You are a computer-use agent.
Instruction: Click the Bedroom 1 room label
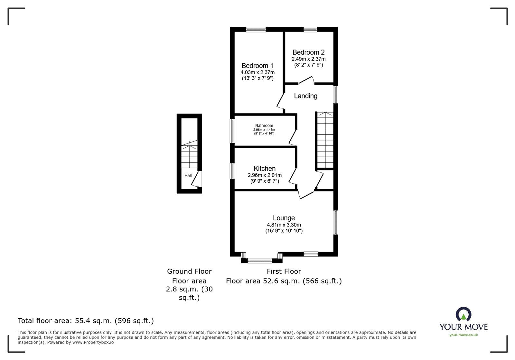tap(257, 66)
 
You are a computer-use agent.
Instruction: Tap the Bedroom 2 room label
tap(308, 52)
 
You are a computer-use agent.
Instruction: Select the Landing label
tap(305, 96)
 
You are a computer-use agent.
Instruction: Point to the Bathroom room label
tap(264, 125)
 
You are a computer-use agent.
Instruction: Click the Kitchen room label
tap(264, 169)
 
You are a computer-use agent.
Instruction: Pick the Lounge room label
tap(284, 218)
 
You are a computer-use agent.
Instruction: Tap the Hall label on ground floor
tap(188, 176)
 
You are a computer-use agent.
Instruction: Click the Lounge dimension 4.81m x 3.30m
tap(284, 225)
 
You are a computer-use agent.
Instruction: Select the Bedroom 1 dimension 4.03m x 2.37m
tap(257, 73)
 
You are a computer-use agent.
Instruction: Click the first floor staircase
tap(325, 140)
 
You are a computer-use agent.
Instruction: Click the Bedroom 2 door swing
tap(306, 80)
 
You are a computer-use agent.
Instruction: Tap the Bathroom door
tap(293, 137)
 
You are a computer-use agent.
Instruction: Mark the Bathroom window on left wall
tap(232, 131)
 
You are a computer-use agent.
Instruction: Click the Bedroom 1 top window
tap(256, 30)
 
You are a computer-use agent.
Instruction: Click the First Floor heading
tap(284, 271)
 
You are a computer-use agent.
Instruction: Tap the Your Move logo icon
tap(463, 314)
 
